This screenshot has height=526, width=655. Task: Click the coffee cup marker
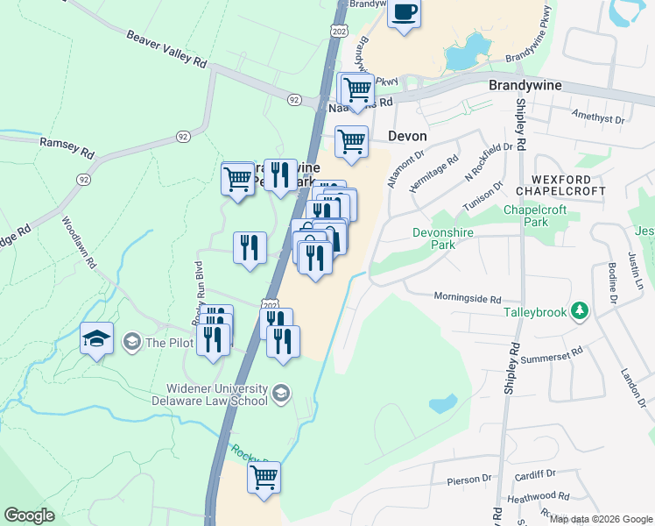[404, 13]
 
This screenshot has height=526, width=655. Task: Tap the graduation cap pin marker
[96, 338]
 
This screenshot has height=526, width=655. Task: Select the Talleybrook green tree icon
[578, 310]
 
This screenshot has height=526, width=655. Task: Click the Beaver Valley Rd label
[166, 50]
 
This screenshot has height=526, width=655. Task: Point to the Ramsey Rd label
[67, 146]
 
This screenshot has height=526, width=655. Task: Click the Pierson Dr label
[469, 480]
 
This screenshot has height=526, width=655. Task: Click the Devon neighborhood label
[407, 136]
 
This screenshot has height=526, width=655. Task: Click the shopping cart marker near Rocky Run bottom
[264, 478]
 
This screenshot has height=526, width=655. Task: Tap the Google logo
[29, 515]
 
